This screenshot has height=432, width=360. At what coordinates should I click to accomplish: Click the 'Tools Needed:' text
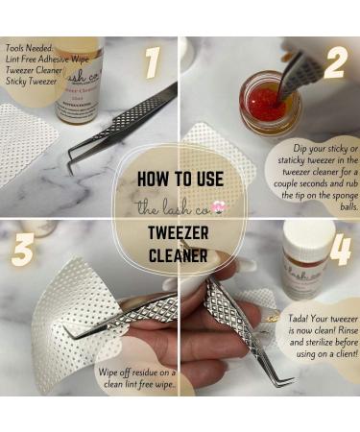click(30, 46)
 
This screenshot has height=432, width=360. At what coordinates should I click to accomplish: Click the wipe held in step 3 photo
click(67, 307)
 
